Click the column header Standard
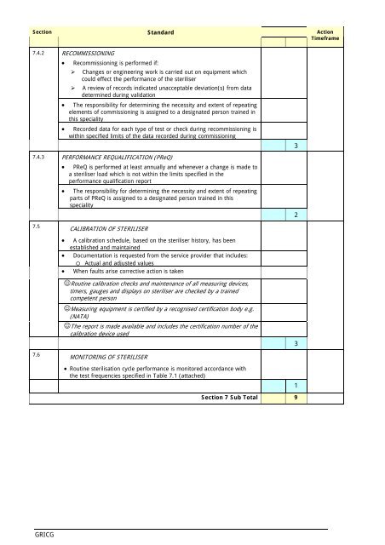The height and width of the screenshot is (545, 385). point(161,32)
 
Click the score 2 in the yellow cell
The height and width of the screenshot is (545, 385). point(294,214)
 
